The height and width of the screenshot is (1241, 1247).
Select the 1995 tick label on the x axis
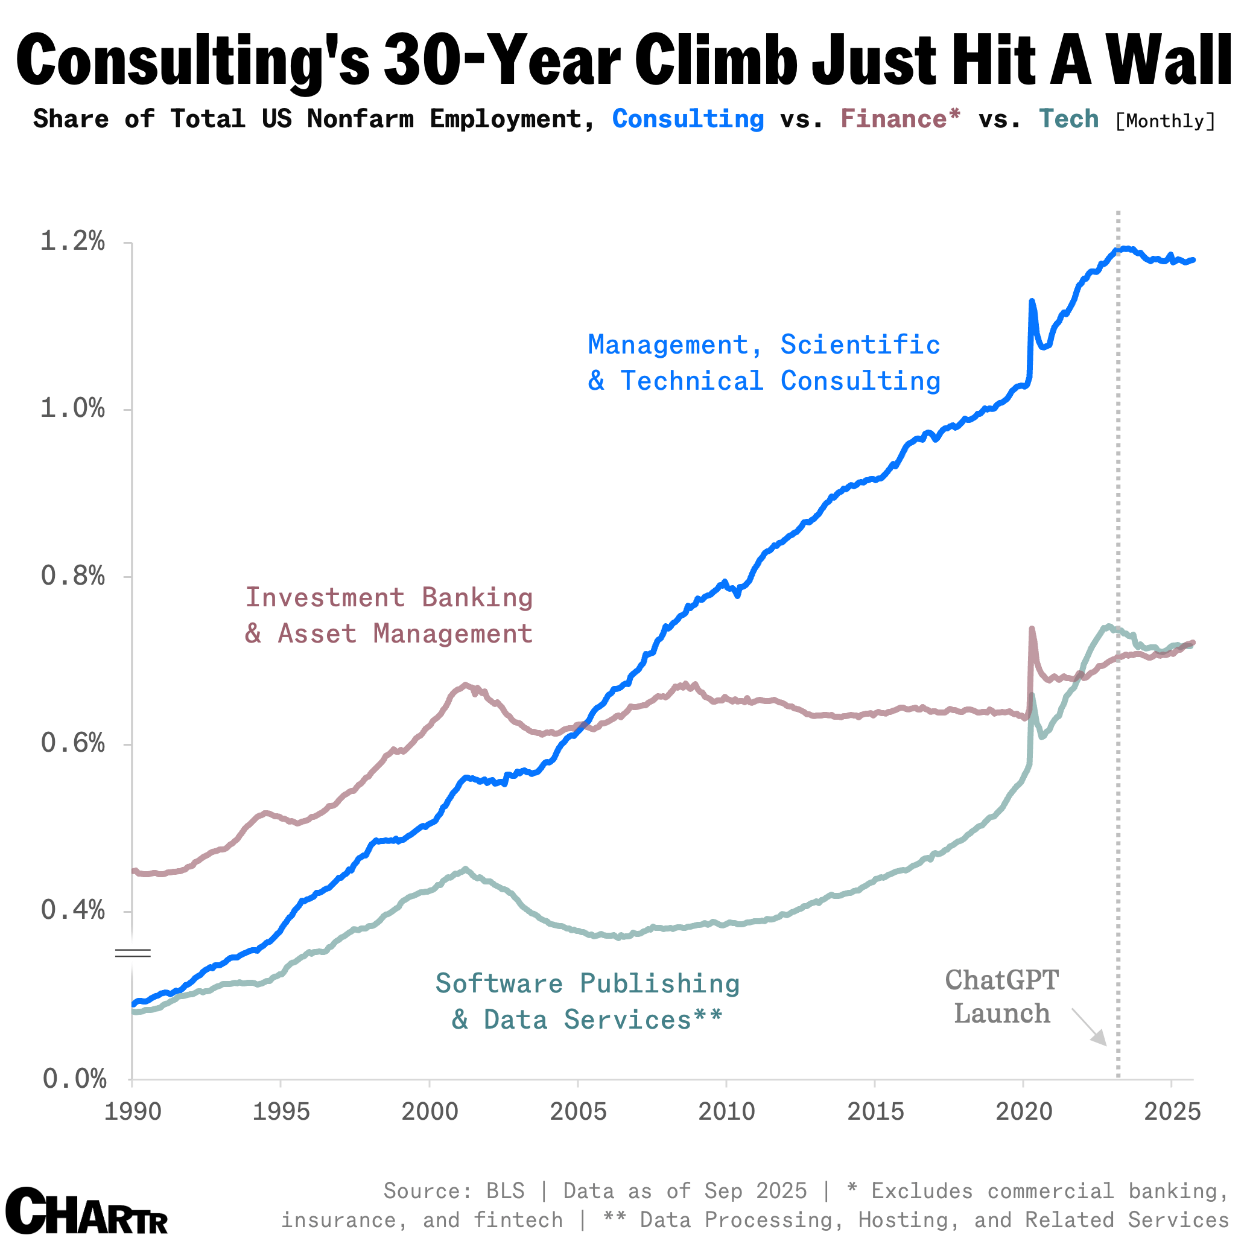(x=281, y=1112)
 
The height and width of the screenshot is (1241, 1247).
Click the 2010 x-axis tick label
(x=726, y=1112)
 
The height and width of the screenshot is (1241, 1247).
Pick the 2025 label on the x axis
(x=1172, y=1112)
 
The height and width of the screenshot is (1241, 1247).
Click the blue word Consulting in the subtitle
(x=688, y=119)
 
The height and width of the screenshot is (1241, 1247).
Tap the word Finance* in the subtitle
(x=900, y=119)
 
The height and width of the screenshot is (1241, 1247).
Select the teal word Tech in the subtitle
(x=1068, y=119)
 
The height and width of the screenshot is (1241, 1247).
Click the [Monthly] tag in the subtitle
(x=1165, y=121)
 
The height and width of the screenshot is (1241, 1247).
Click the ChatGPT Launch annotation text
(x=1001, y=997)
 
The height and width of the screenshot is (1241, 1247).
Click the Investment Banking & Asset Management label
(x=389, y=615)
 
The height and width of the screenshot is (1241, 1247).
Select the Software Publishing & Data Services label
(x=588, y=1001)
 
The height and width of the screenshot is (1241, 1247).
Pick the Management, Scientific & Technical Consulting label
(x=764, y=363)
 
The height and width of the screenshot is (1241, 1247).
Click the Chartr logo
(x=86, y=1210)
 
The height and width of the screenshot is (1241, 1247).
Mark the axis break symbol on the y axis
(x=132, y=953)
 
